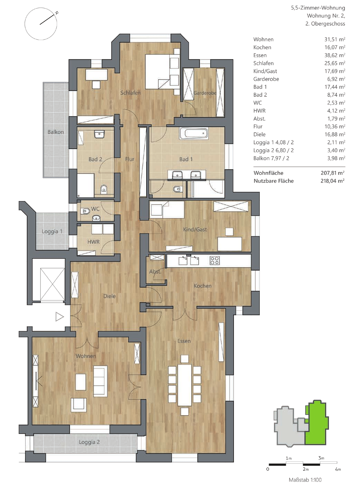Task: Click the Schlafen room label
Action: [x=130, y=93]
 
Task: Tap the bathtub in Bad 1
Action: [x=194, y=133]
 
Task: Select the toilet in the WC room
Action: [x=85, y=211]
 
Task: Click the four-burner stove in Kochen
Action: [x=215, y=261]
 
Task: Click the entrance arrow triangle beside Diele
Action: [x=59, y=317]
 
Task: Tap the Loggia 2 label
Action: [x=89, y=442]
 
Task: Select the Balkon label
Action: [x=56, y=132]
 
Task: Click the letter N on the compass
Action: [x=57, y=13]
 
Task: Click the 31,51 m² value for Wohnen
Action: [x=335, y=39]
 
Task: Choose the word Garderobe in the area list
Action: [x=266, y=79]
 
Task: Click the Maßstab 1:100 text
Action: [x=305, y=479]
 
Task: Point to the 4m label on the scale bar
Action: [x=338, y=469]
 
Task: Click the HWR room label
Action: [x=94, y=242]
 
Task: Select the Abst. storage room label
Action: [x=155, y=272]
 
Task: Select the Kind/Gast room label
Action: [x=195, y=229]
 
